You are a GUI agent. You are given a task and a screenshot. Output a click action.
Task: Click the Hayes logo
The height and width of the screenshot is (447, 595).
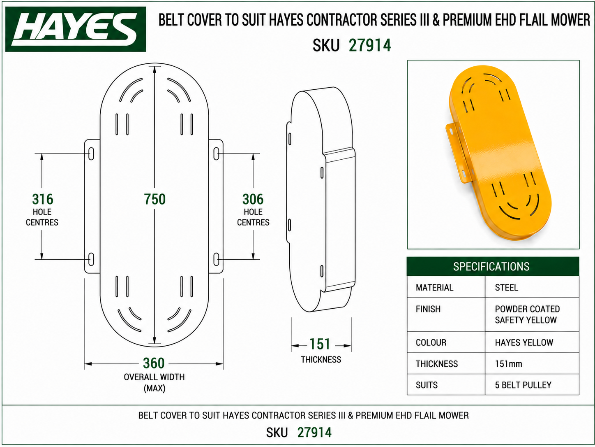tap(76, 29)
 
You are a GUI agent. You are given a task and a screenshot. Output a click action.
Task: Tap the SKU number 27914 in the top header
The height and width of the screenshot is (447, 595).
tap(370, 45)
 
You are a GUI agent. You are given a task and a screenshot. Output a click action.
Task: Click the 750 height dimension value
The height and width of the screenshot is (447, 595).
tap(155, 199)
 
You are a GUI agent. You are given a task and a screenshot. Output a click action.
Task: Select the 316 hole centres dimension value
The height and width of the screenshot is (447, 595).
tap(43, 199)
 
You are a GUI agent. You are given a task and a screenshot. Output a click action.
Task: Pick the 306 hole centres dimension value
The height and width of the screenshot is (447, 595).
tap(253, 199)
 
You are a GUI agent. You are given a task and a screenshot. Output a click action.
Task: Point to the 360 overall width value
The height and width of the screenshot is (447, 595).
tap(154, 363)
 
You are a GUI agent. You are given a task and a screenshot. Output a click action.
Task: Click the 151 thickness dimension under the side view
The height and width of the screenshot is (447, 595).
tap(320, 344)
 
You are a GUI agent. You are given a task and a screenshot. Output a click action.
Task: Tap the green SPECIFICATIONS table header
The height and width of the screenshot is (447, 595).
tap(493, 266)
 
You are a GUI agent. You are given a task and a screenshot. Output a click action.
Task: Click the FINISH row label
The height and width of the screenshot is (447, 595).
tap(428, 309)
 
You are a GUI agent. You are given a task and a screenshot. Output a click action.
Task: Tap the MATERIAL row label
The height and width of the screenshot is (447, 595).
tap(434, 287)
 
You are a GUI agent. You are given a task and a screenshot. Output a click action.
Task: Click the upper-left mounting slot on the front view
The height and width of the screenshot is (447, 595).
tap(91, 154)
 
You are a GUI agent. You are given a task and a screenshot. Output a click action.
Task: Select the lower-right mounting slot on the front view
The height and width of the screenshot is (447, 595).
tap(216, 259)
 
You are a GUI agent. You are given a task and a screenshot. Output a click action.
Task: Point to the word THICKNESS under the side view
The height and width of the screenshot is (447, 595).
tap(321, 360)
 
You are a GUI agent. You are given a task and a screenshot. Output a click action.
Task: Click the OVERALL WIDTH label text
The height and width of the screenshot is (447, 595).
tap(154, 377)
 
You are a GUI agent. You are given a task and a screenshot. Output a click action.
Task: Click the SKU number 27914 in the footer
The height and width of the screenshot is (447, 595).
tap(314, 432)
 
